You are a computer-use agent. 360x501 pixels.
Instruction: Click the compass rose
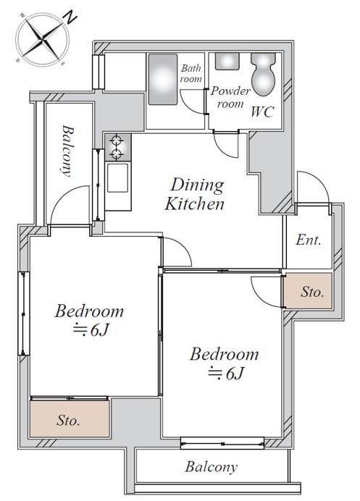coord(42,39)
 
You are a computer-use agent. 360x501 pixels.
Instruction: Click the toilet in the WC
coord(263,75)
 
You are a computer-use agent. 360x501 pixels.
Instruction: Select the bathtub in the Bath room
coord(163,79)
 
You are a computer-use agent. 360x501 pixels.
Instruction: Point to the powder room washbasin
coord(227,62)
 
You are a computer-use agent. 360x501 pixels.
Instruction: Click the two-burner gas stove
coord(117,147)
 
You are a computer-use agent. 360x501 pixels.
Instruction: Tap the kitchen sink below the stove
coord(117,178)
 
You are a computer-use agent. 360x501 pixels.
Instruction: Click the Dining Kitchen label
coord(195,194)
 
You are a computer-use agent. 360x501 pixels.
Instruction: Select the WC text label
coord(262,111)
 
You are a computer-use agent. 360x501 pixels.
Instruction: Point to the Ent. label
coord(308,240)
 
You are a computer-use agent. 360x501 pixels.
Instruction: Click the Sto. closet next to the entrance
coord(308,291)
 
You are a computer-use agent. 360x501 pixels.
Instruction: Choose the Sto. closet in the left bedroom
coord(70,418)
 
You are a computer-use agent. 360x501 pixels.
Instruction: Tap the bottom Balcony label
coord(212,467)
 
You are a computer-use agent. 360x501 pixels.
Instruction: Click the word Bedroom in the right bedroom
coord(224,354)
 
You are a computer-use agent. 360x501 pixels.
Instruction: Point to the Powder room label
coord(230,97)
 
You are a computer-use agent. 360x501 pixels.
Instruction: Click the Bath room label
coord(191,73)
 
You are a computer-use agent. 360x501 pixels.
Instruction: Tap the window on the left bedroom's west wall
coord(23,313)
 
